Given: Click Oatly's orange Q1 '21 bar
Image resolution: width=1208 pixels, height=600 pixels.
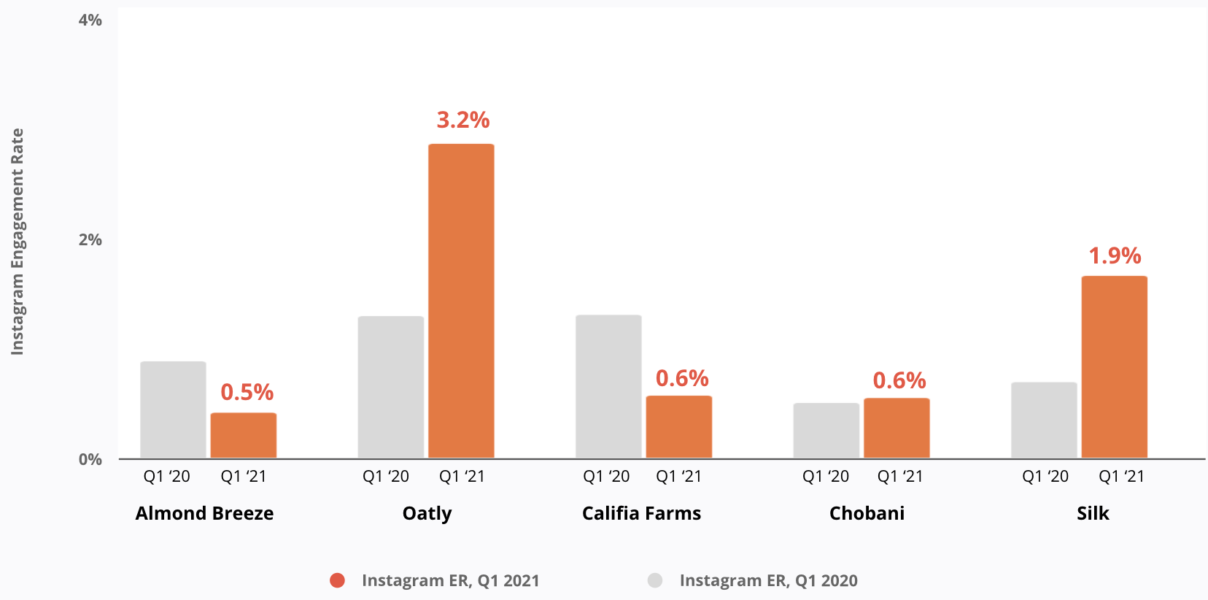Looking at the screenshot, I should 461,301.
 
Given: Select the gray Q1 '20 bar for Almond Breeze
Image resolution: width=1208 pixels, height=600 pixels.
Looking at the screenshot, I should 173,409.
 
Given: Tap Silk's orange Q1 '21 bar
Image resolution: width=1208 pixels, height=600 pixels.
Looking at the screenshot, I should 1114,366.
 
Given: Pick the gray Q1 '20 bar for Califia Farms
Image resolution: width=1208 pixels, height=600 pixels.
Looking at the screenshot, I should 608,386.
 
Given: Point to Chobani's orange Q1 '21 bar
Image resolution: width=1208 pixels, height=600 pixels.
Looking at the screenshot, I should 897,428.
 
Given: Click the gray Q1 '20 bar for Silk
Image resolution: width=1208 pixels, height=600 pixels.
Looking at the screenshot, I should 1044,420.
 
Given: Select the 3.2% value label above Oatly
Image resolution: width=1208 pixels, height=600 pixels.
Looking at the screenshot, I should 463,120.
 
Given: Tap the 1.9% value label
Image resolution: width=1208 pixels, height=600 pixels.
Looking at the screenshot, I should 1115,255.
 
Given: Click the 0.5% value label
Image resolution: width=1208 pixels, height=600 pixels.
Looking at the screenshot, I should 247,392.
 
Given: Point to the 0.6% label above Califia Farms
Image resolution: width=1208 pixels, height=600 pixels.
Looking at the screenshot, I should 682,378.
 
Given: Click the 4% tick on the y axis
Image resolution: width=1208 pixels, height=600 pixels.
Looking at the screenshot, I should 90,20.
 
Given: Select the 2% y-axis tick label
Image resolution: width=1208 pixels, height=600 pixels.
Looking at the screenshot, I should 90,240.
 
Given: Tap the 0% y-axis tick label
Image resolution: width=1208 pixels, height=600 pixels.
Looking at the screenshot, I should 90,460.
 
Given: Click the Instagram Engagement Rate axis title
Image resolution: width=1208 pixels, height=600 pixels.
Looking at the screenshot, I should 18,242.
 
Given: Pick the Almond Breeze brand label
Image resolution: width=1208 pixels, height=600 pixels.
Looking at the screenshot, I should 204,513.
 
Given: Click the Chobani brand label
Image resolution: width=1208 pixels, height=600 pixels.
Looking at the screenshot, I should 867,513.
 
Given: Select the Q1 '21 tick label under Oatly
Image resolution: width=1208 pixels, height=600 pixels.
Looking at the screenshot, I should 462,477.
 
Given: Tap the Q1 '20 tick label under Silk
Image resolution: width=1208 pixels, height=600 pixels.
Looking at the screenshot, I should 1045,477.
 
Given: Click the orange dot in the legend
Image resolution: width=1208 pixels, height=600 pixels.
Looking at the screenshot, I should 337,580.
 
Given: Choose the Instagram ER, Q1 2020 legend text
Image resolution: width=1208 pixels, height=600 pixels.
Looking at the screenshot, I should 768,580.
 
